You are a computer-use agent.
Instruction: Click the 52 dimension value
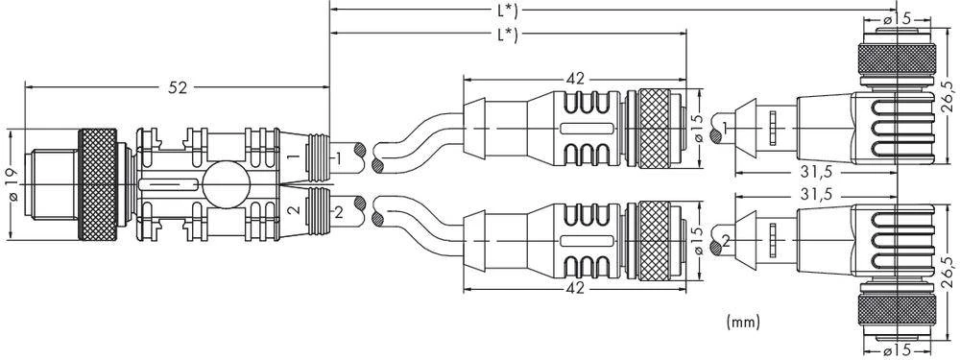tap(179, 87)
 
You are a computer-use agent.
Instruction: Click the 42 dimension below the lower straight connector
tap(575, 286)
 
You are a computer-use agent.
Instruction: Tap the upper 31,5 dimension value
tap(813, 172)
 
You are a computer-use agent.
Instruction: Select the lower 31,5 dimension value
tap(813, 194)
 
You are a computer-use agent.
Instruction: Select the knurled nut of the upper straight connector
tap(657, 125)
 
